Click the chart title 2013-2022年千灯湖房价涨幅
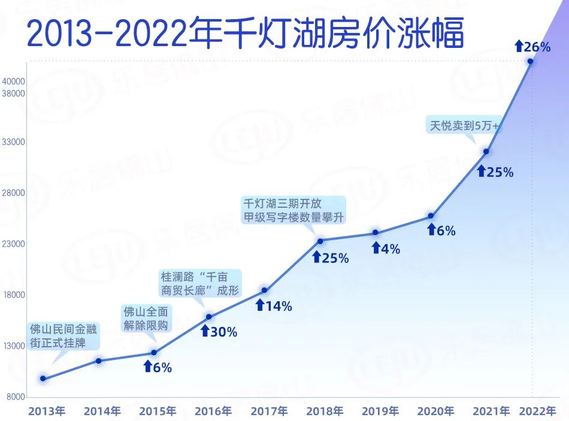point(246,35)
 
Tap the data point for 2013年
point(43,378)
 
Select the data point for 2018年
point(320,241)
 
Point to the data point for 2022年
point(530,61)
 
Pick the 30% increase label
point(219,331)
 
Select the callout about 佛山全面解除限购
point(146,318)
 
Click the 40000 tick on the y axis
point(13,81)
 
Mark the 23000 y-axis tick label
point(13,244)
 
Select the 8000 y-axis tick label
point(15,396)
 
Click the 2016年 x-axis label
point(213,411)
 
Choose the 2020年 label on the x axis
point(436,411)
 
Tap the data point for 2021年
point(486,151)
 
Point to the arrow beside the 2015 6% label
point(148,367)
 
